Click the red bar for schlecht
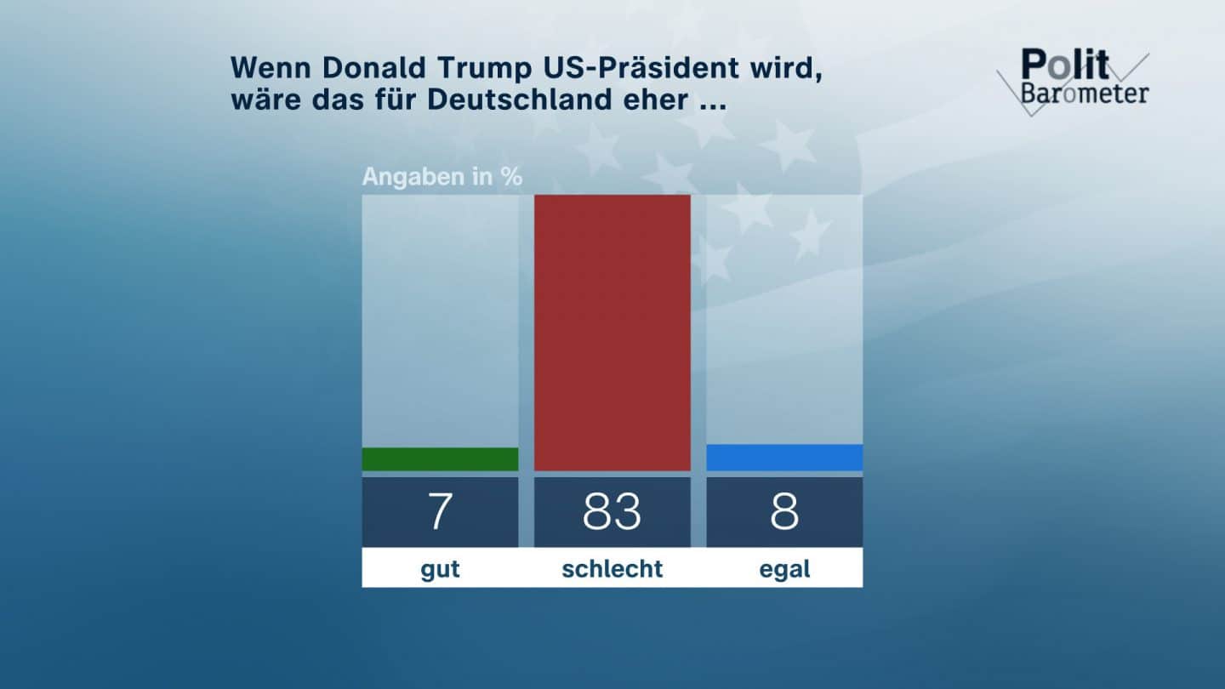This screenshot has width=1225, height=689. pos(612,333)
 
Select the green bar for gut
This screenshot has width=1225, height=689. pos(440,459)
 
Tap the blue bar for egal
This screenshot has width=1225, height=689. pos(784,458)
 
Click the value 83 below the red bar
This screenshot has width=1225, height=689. pos(612,512)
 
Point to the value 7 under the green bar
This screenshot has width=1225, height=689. pos(440,512)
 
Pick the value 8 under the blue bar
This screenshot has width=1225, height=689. pos(784,512)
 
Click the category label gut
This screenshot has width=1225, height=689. pos(440,569)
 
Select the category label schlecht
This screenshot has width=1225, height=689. pos(612,569)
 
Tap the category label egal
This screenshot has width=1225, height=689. pos(784,569)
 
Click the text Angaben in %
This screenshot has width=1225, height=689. pos(442,178)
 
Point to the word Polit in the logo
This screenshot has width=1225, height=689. pos(1064,65)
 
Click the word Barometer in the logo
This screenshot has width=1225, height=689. pos(1084,93)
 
